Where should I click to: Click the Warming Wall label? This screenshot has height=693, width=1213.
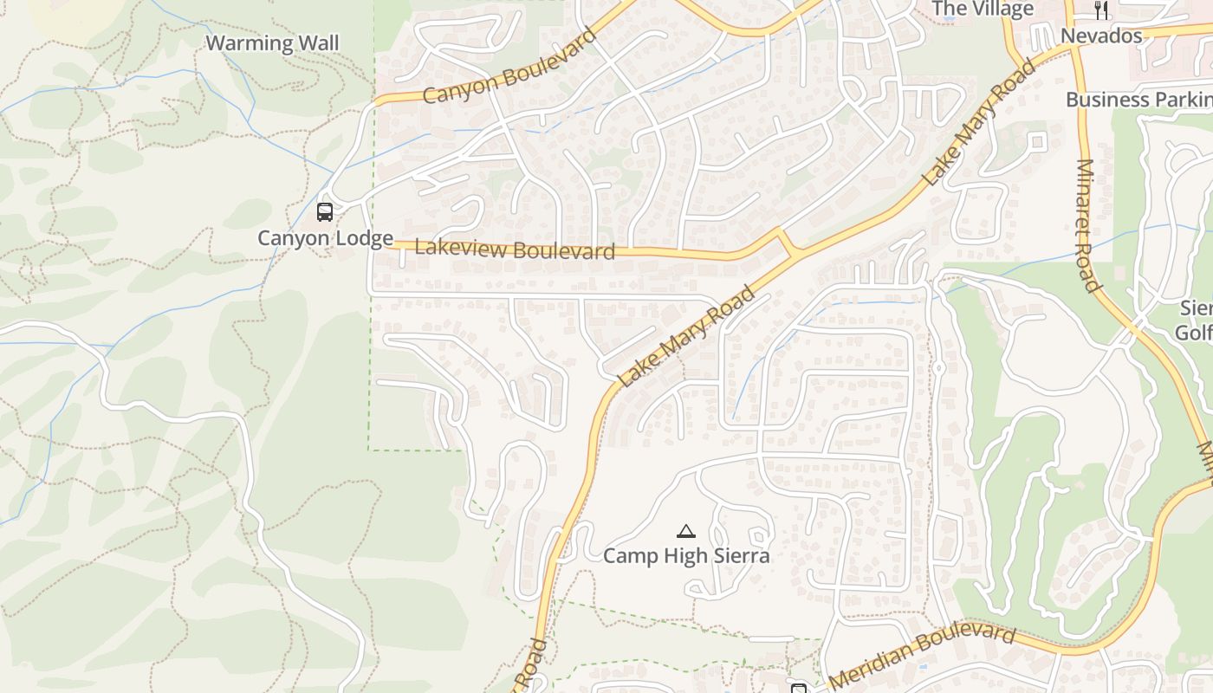coord(272,43)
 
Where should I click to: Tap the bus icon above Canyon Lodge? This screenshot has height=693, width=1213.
coord(325,211)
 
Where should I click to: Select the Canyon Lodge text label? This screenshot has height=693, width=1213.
coord(325,238)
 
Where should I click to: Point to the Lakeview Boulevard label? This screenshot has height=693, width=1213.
coord(515,249)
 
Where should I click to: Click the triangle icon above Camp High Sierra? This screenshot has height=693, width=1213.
coord(686,531)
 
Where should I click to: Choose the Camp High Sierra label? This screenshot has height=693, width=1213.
coord(686,555)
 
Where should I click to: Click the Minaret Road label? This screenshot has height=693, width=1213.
coord(1088,225)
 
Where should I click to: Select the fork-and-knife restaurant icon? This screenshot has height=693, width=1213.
coord(1101,10)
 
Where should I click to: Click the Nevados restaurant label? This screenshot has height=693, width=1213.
coord(1101,36)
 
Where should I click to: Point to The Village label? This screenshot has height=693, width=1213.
coord(983,9)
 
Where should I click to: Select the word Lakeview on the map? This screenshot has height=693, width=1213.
coord(457,248)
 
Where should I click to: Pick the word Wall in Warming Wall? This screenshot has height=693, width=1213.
coord(320,43)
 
